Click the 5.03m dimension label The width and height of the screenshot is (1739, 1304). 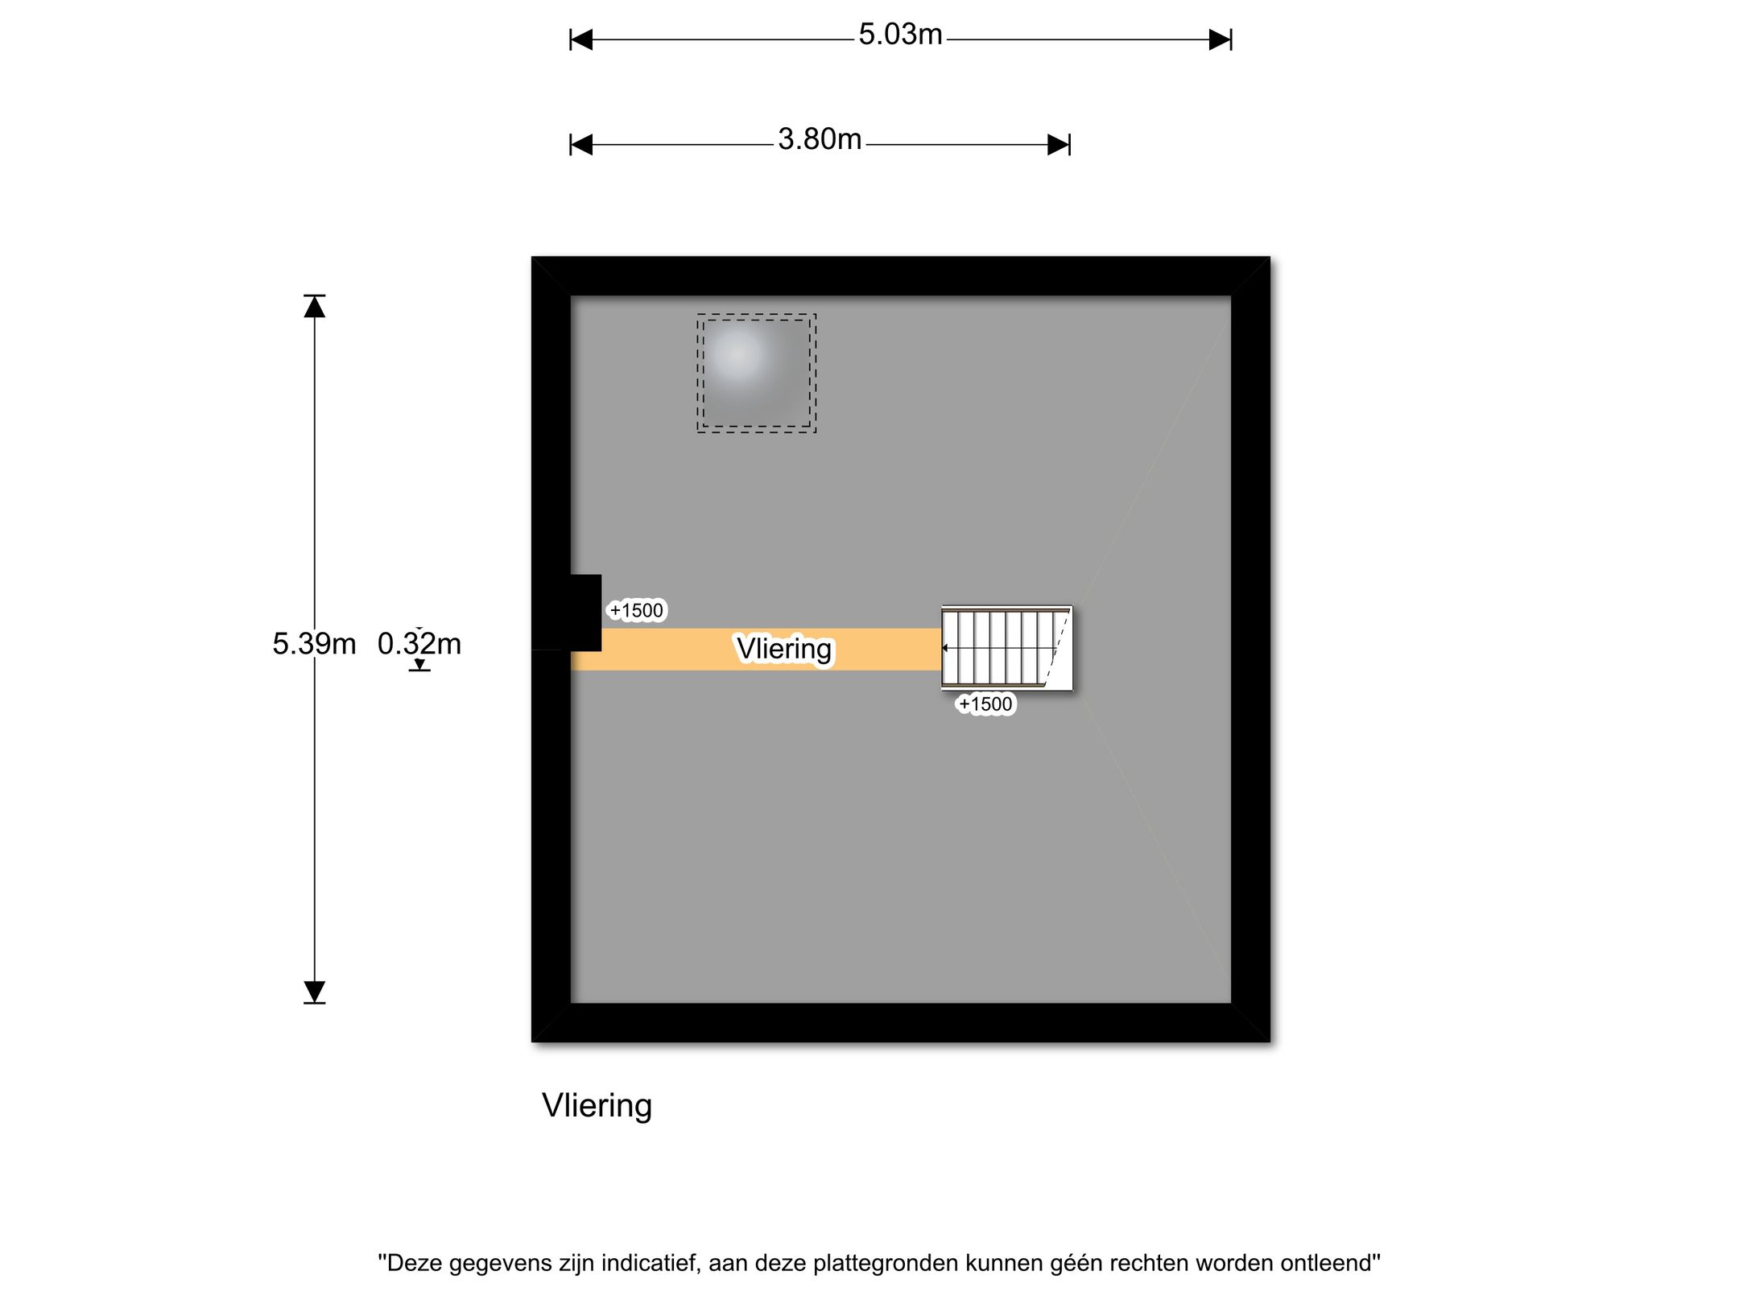click(x=900, y=35)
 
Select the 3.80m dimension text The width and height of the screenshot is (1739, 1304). click(x=820, y=139)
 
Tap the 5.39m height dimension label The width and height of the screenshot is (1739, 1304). click(x=314, y=644)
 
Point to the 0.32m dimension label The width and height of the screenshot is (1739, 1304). click(x=419, y=644)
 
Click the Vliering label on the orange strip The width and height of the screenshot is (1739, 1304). click(x=784, y=649)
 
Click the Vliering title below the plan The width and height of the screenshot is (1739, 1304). click(x=597, y=1107)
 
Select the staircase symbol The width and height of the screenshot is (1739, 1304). click(x=1007, y=648)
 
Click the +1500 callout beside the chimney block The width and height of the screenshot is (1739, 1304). click(x=636, y=611)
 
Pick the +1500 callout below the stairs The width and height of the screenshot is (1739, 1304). click(x=985, y=704)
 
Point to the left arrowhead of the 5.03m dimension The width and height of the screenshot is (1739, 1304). click(x=581, y=39)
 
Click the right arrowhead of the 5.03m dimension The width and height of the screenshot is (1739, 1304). click(x=1221, y=39)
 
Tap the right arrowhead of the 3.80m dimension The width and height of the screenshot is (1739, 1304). click(x=1059, y=145)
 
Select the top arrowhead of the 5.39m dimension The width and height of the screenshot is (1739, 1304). click(x=314, y=307)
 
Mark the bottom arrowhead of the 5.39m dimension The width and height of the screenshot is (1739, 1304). click(x=314, y=992)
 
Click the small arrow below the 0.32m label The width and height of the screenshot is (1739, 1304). click(x=419, y=665)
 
